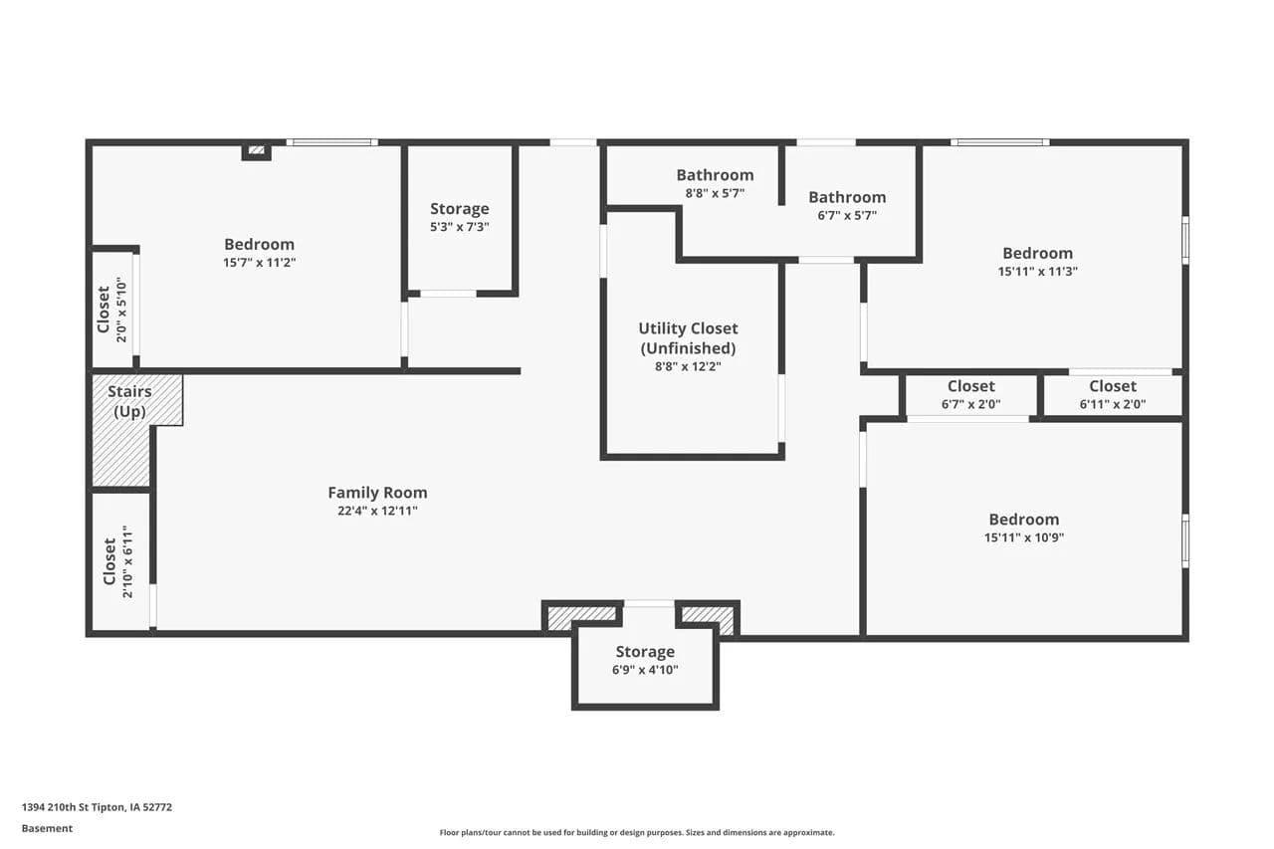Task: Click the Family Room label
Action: click(377, 493)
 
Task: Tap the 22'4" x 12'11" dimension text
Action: click(377, 511)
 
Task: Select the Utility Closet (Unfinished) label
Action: click(688, 338)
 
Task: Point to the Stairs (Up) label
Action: click(129, 401)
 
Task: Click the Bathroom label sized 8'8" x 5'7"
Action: click(715, 175)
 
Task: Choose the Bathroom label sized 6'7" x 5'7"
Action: click(847, 197)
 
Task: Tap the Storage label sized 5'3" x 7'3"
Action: click(460, 209)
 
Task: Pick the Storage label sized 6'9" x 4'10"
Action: click(645, 652)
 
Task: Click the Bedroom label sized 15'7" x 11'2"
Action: click(260, 245)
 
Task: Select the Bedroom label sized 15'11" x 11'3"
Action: click(1037, 254)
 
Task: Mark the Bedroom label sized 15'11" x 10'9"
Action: click(1024, 520)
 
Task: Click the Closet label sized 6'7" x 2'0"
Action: click(970, 387)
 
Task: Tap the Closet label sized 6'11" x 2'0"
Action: click(1113, 387)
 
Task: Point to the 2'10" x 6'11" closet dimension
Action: click(127, 561)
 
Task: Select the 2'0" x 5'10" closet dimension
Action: click(121, 310)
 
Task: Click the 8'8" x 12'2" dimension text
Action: click(688, 367)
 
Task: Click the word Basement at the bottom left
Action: click(47, 828)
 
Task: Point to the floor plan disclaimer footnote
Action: click(637, 832)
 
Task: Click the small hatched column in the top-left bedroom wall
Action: click(257, 150)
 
